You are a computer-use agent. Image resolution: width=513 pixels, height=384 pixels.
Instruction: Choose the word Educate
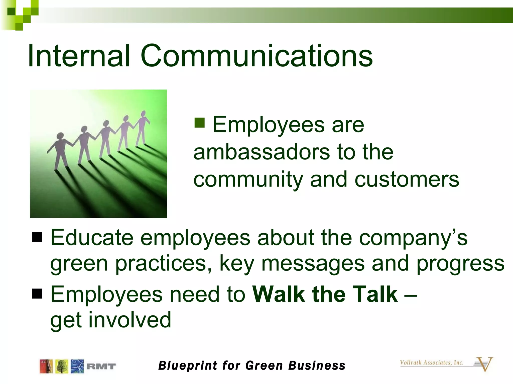(92, 237)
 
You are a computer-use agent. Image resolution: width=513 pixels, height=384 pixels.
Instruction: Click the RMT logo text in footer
(101, 366)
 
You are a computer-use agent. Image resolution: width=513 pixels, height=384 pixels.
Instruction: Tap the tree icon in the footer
(62, 366)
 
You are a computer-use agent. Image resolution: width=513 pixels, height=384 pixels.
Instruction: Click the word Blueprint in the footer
(188, 366)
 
